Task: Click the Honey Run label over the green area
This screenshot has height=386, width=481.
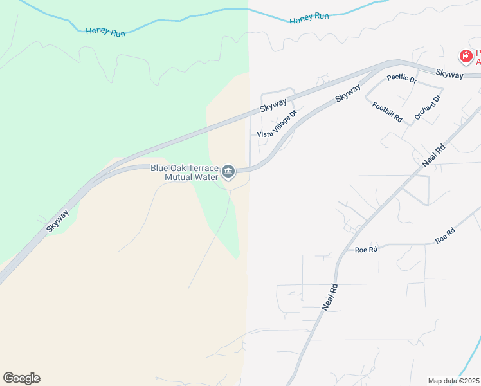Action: tap(105, 30)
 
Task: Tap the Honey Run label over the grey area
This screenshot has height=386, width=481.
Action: tap(309, 19)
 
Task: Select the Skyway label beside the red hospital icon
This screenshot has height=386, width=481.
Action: tap(449, 75)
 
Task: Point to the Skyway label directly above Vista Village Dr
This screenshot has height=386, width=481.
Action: tap(273, 107)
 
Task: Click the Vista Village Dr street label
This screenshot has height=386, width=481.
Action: tap(277, 124)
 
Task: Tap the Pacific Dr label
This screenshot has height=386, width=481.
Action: tap(402, 79)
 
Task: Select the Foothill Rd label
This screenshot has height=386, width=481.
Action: tap(387, 111)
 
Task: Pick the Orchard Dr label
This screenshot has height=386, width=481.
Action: tap(428, 107)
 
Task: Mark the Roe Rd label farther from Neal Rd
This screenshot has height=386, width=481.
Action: tap(445, 235)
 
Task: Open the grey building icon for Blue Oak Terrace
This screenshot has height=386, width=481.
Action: tap(228, 172)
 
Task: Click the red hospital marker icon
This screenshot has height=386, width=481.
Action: tap(465, 57)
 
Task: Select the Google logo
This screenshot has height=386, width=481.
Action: tap(21, 378)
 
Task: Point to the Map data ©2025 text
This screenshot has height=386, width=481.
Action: tap(454, 381)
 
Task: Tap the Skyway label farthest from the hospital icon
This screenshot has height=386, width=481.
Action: tap(57, 220)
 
